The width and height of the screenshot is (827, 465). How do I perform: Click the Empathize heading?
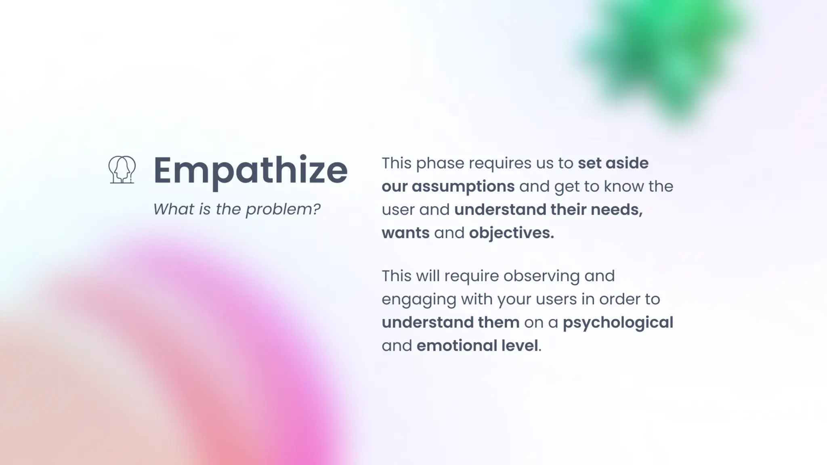click(x=250, y=170)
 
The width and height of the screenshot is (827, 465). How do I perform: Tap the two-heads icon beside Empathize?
click(x=122, y=170)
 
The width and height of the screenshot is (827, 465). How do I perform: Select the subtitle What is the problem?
click(x=237, y=209)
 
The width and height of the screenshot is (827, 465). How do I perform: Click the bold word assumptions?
click(x=463, y=186)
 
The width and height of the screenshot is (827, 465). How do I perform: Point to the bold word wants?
click(x=405, y=233)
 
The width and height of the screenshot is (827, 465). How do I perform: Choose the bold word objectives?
click(x=511, y=233)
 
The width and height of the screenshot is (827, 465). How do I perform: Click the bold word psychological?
click(x=618, y=323)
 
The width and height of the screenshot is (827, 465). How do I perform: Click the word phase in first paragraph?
click(x=440, y=163)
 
